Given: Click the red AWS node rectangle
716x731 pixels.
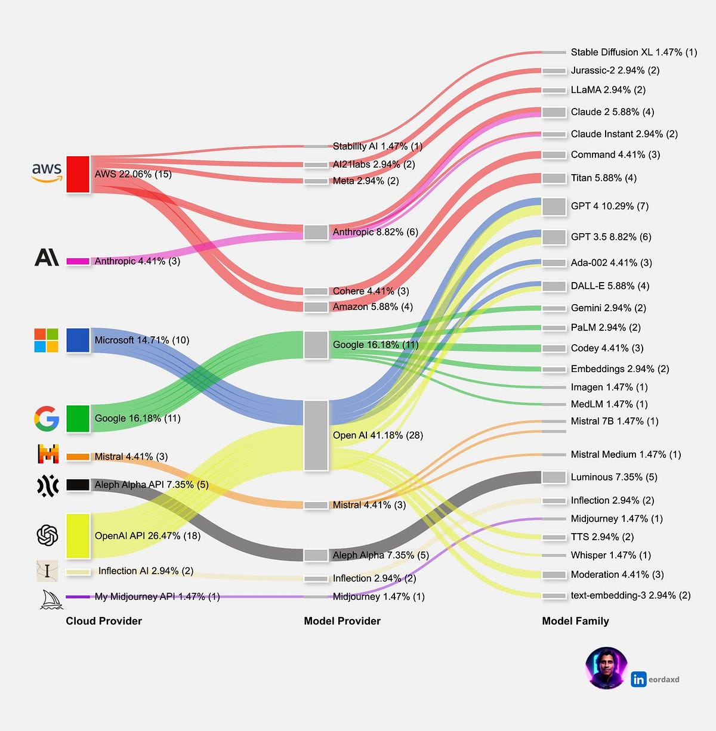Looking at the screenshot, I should [x=78, y=174].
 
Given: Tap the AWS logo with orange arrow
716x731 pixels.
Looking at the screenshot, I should [x=47, y=172].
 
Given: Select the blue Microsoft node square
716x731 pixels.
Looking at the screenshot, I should [x=78, y=340].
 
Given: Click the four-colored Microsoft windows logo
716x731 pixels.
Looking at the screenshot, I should [x=46, y=340].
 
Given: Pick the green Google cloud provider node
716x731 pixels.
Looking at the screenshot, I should [x=78, y=418].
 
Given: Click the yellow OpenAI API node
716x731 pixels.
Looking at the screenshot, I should [x=78, y=535].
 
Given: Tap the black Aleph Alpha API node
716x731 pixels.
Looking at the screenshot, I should [x=78, y=485].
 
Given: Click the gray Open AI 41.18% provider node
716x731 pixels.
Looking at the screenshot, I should [x=316, y=435].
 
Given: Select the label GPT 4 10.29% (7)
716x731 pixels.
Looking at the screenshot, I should [x=609, y=206].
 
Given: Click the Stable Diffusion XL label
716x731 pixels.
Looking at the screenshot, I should [x=634, y=52].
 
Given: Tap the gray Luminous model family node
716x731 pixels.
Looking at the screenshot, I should [x=554, y=477].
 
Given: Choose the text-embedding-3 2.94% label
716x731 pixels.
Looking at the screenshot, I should [x=630, y=595].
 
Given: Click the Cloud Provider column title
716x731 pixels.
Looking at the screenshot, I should [x=104, y=621].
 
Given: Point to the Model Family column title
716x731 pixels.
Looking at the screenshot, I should [x=575, y=621].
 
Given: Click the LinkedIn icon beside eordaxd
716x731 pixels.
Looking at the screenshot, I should [x=638, y=679].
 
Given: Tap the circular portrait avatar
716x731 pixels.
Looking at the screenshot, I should [x=606, y=668].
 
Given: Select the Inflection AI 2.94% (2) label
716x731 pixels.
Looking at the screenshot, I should [x=146, y=571].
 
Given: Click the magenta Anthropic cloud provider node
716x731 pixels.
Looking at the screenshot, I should [x=78, y=261].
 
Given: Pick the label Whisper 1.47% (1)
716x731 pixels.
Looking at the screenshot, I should [x=610, y=555].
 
